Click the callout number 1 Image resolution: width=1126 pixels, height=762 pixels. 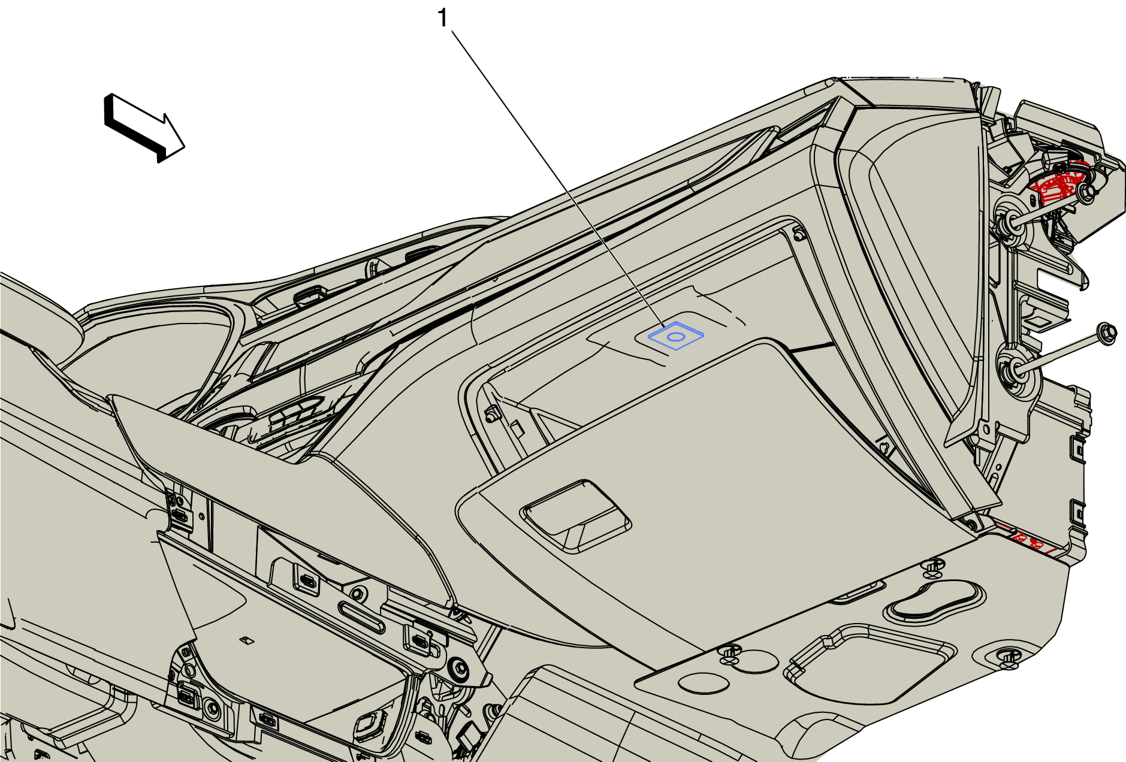443,19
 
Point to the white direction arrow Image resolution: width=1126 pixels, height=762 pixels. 144,128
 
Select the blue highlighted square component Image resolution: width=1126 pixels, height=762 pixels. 676,336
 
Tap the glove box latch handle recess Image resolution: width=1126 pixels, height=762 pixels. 575,515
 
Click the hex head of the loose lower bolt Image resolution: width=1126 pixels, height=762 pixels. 1106,334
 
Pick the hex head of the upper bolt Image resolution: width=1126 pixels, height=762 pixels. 1086,191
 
